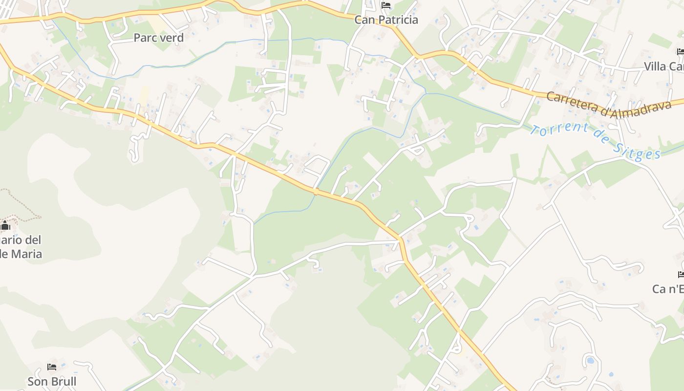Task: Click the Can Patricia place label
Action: pos(386,20)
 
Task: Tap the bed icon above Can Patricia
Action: pos(386,6)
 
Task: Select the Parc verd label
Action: pos(158,38)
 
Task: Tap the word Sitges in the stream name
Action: pos(638,152)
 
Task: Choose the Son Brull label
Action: pos(52,381)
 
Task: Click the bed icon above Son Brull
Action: pos(52,367)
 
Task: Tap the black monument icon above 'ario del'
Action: pos(5,225)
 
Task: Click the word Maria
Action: pos(27,254)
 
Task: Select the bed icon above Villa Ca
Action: pos(681,52)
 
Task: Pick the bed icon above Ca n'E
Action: pos(681,275)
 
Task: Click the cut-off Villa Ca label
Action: pos(663,66)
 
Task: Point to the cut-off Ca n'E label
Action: pos(667,289)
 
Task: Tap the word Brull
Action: pos(64,381)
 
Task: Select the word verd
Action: pos(171,38)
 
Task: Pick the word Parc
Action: pos(145,38)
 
